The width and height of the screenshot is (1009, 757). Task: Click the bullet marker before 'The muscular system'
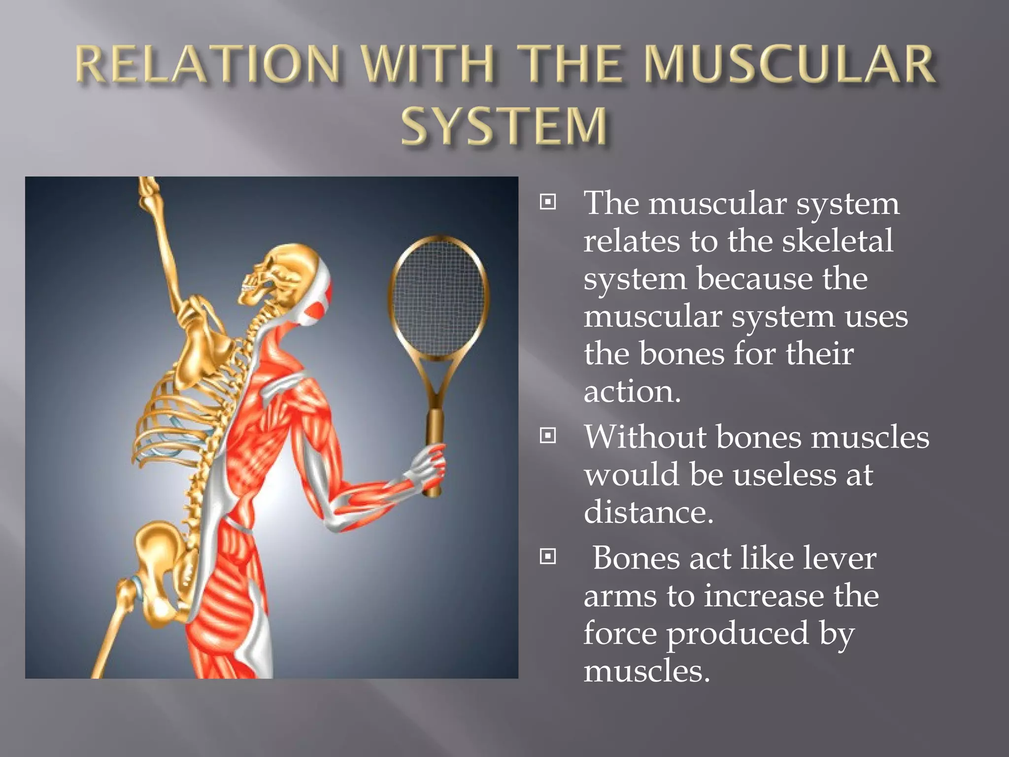click(548, 202)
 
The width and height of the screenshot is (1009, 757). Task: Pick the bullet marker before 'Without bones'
click(548, 435)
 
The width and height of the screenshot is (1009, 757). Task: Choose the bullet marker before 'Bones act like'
click(548, 556)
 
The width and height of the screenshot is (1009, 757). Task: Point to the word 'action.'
click(632, 392)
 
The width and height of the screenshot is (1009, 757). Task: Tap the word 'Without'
click(645, 437)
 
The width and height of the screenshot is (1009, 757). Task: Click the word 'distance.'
click(648, 512)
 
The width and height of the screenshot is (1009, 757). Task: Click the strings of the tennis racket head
click(437, 296)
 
